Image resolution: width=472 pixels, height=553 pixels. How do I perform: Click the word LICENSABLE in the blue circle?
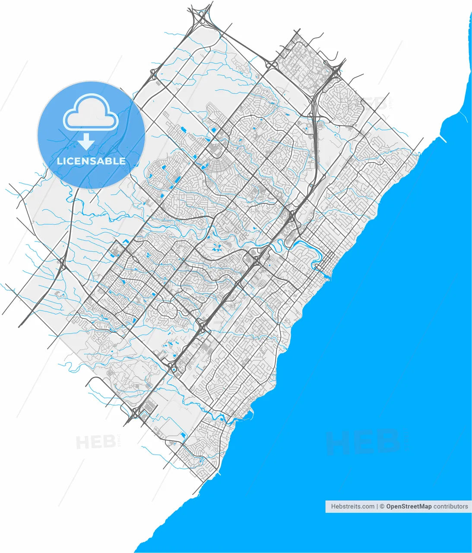[x=91, y=161]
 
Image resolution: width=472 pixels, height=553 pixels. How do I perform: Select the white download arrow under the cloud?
[x=86, y=142]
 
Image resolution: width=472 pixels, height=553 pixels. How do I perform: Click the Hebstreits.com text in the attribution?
[x=352, y=506]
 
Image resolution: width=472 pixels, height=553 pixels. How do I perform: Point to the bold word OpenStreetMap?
[x=409, y=506]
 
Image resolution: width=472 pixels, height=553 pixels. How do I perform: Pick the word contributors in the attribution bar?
[x=450, y=506]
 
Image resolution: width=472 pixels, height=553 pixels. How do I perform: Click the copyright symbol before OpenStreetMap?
[x=382, y=506]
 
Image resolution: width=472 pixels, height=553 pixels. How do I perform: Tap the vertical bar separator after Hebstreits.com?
[x=377, y=506]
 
